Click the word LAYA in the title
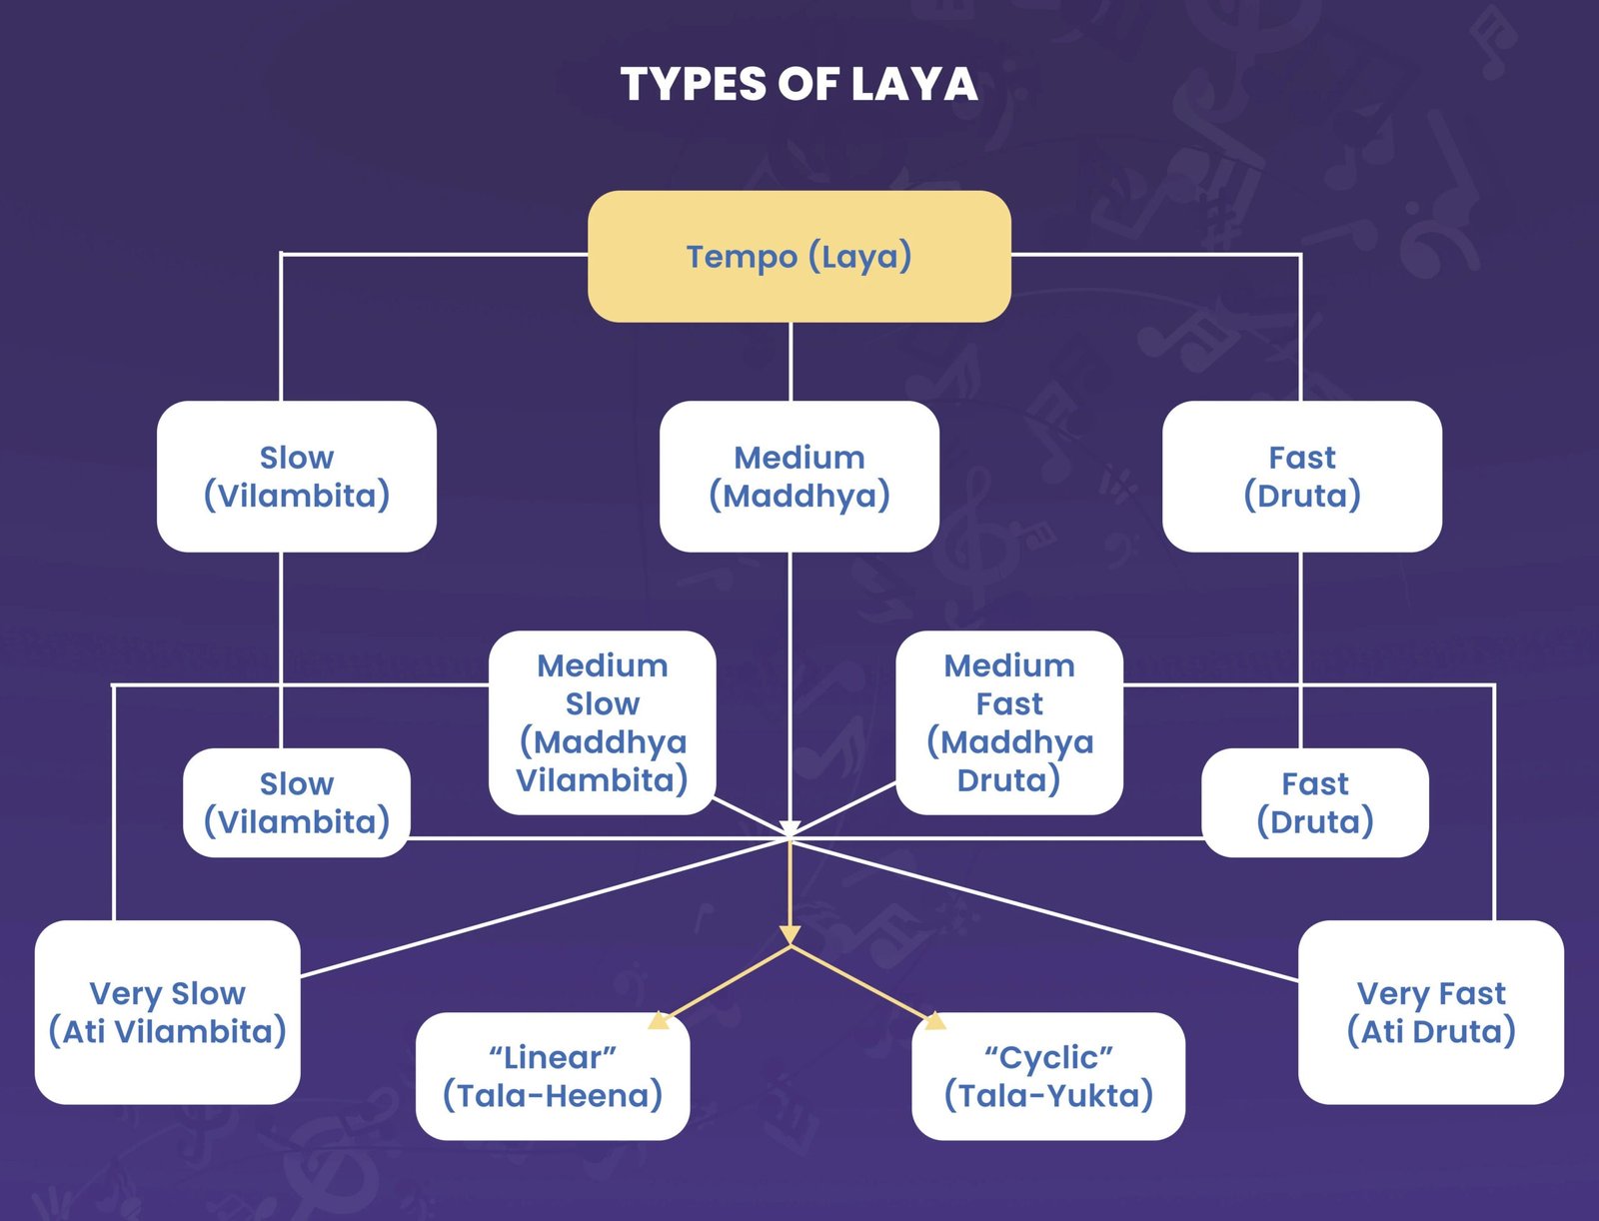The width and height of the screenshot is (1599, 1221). (x=913, y=84)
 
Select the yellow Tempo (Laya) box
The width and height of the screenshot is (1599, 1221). (x=799, y=257)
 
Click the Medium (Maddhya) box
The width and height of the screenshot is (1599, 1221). (x=799, y=476)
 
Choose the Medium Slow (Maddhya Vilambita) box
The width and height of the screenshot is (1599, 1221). (x=602, y=721)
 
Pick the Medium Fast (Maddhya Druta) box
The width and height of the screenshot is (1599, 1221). (x=1009, y=721)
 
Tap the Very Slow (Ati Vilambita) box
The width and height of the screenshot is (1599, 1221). (x=167, y=1011)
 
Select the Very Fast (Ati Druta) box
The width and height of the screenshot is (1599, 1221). (x=1430, y=1011)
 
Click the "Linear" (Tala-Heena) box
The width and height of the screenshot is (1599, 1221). (x=552, y=1076)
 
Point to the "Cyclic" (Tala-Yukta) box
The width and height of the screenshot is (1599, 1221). (x=1048, y=1076)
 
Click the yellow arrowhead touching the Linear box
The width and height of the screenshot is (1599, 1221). (x=659, y=1020)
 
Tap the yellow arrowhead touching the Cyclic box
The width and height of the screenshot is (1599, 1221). (x=933, y=1020)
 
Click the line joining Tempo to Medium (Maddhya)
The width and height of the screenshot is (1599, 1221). (x=791, y=361)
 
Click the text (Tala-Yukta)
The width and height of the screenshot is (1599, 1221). (x=1048, y=1095)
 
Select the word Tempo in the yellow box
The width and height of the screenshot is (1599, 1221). (x=741, y=257)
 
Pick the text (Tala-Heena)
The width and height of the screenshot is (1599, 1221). (x=552, y=1095)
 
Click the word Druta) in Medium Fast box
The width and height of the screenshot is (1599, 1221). (x=1008, y=779)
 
